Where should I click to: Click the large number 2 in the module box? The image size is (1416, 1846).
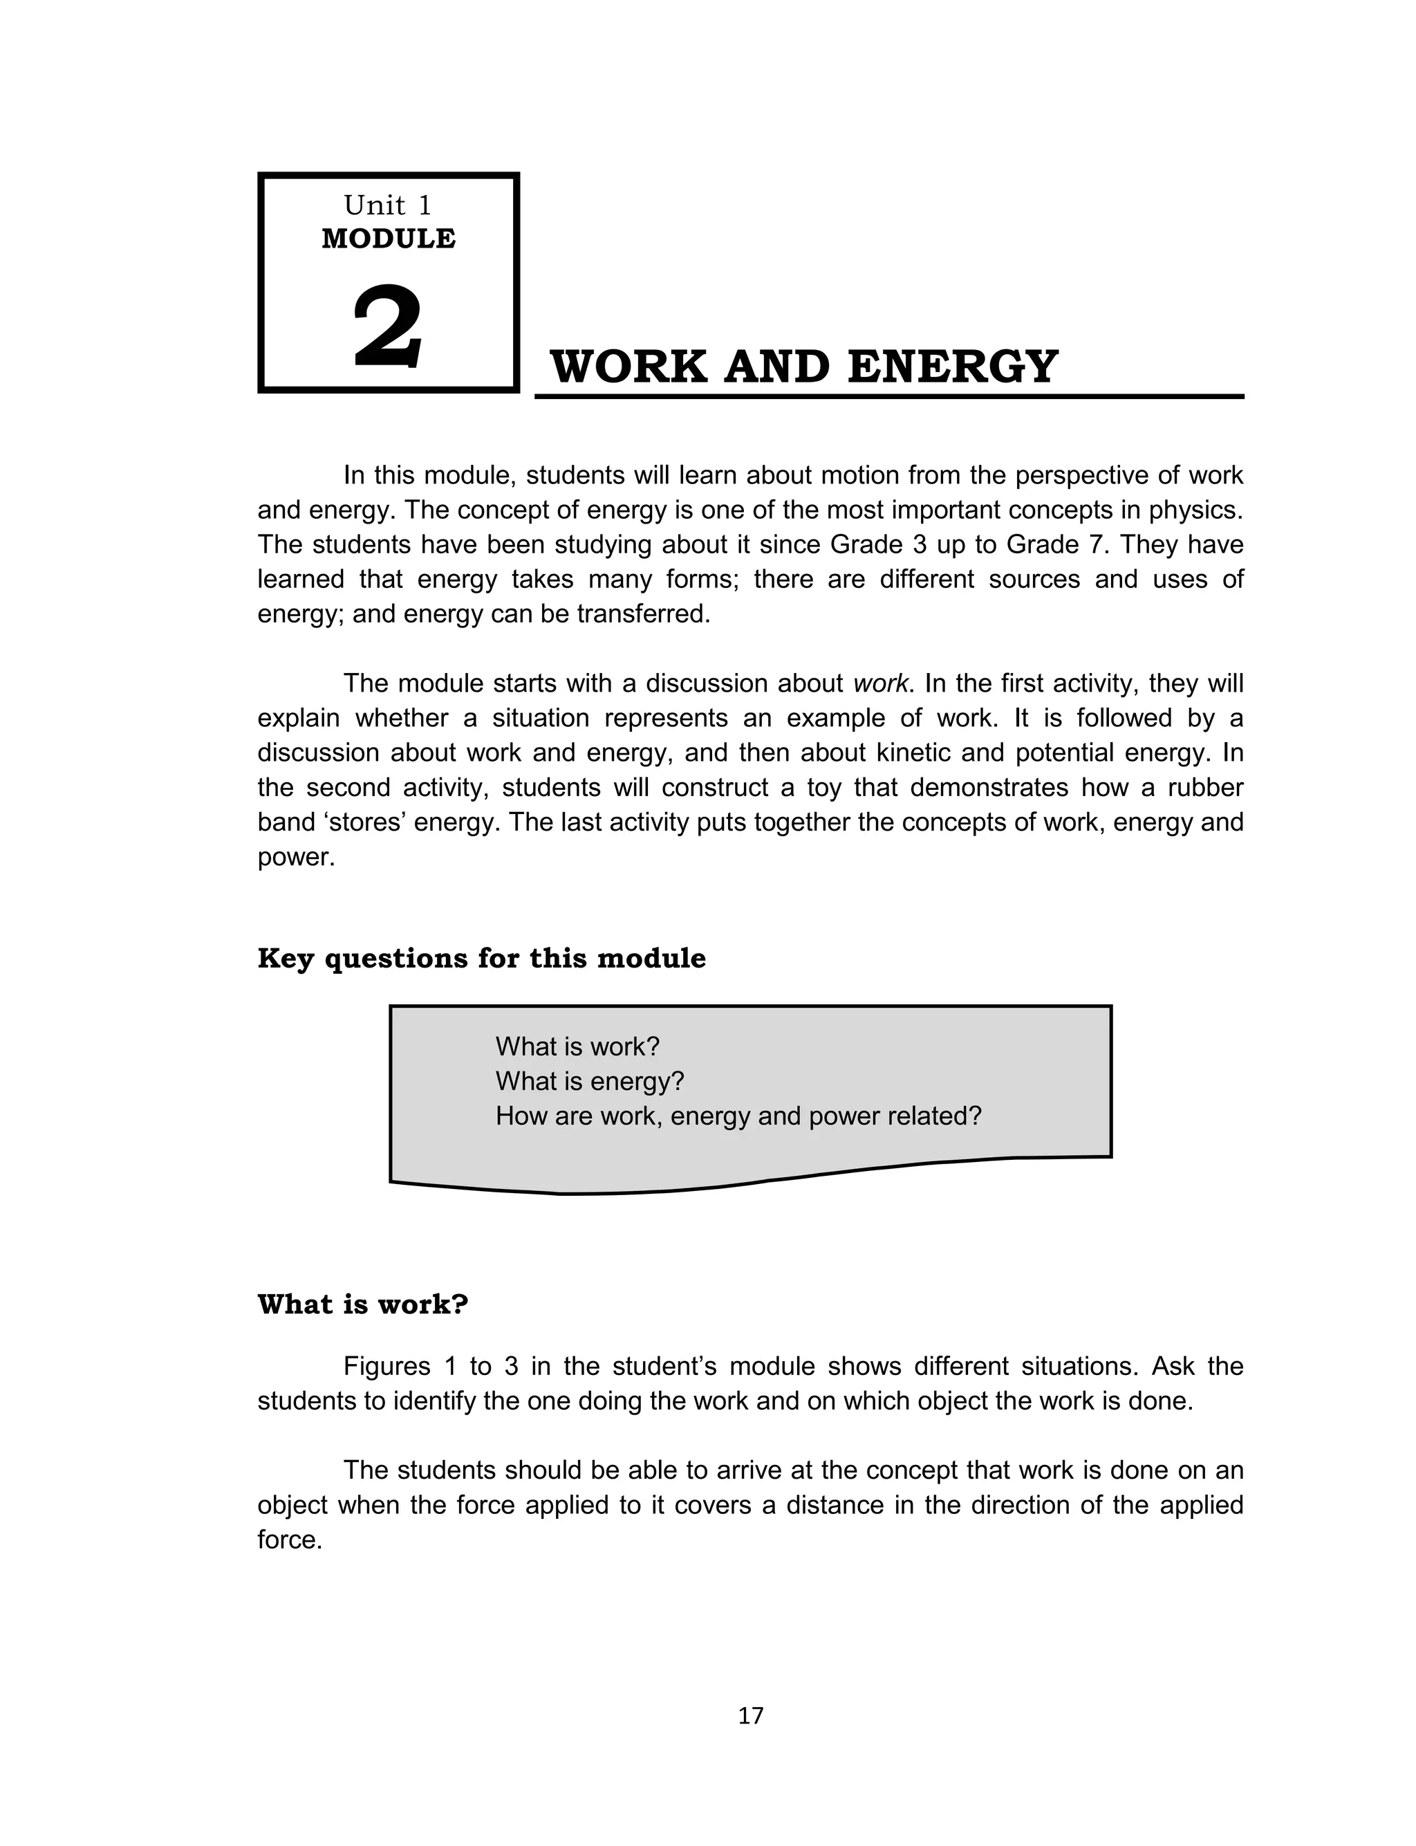click(387, 328)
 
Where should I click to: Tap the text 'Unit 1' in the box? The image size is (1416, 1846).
click(388, 205)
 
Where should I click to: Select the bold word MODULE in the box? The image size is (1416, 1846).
click(389, 239)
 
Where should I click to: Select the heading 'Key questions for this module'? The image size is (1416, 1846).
click(481, 959)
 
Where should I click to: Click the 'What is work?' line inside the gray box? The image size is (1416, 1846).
click(577, 1047)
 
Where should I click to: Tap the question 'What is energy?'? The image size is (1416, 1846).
click(589, 1082)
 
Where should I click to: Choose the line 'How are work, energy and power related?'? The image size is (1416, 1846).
click(738, 1116)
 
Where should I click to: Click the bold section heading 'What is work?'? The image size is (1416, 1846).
click(362, 1305)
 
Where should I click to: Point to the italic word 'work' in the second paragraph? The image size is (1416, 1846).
click(881, 683)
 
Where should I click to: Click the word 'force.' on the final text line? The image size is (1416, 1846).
click(290, 1540)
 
